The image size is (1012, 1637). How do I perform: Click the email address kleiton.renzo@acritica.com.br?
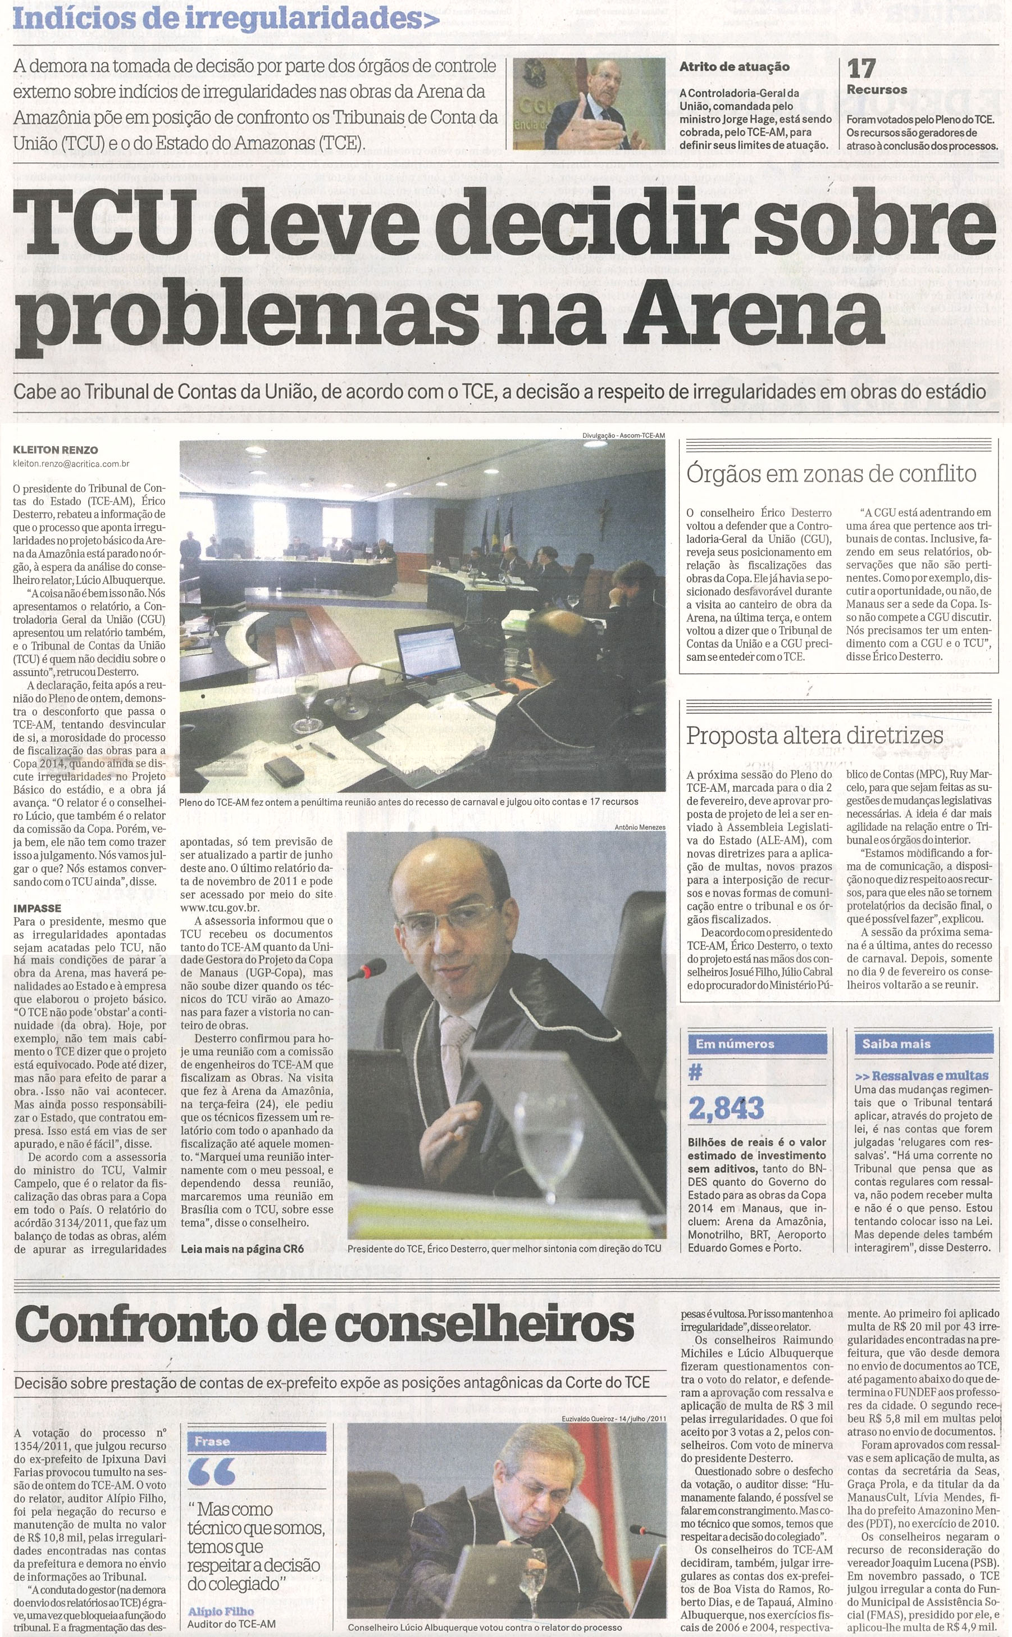[x=72, y=463]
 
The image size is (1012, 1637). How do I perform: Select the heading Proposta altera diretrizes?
[x=814, y=735]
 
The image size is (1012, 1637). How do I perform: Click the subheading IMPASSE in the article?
[x=37, y=909]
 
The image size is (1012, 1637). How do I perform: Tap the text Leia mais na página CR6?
[x=242, y=1248]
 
